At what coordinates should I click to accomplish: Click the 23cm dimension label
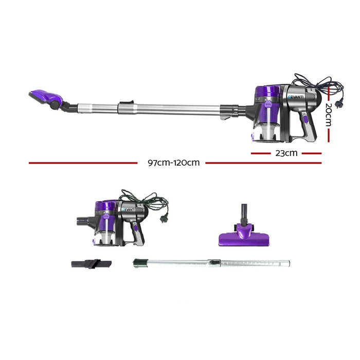coord(286,153)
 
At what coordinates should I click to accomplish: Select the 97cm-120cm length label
coord(173,163)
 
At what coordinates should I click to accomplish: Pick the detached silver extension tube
coord(211,263)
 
